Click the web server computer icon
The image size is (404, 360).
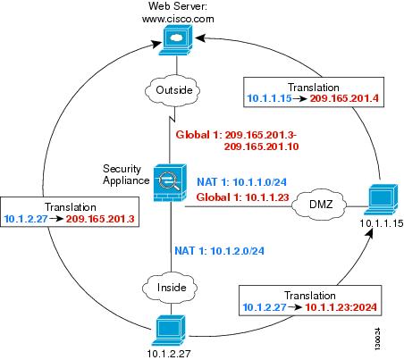point(176,40)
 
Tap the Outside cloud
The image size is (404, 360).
point(173,90)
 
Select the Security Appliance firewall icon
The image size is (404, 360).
point(170,183)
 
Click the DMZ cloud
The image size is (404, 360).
point(319,204)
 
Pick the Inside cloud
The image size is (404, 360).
point(170,287)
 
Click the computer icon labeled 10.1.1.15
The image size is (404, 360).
point(381,199)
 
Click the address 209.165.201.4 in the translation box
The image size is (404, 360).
point(344,98)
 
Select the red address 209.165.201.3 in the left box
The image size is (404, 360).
point(100,219)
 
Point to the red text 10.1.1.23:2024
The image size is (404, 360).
point(341,307)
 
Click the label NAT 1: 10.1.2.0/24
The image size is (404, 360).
point(219,251)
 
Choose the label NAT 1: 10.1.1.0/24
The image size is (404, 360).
point(242,182)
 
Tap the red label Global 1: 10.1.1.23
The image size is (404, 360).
point(243,197)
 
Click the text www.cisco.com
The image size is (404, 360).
point(178,19)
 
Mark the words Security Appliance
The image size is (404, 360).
point(126,175)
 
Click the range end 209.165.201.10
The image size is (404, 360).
point(261,147)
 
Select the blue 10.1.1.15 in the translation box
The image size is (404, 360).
point(269,98)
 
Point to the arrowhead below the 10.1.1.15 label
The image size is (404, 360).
point(369,233)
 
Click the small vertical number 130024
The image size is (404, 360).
point(377,339)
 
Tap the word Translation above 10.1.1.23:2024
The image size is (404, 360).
point(310,296)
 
